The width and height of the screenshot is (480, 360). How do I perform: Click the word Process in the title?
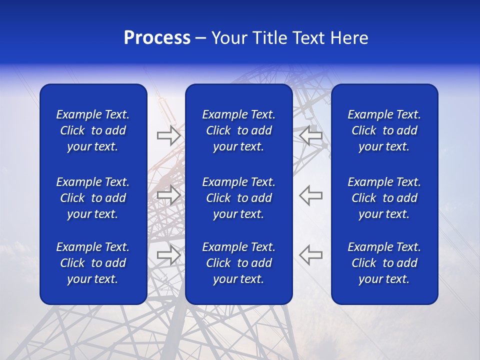click(157, 38)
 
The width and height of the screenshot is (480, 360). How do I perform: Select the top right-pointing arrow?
click(168, 135)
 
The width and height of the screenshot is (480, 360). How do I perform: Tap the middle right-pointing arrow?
click(168, 195)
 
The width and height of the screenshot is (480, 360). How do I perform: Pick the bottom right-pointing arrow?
click(168, 254)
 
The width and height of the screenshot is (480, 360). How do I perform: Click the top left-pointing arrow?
click(311, 135)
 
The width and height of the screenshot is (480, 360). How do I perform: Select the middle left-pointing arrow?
click(311, 195)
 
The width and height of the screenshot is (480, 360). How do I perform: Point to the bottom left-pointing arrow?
click(311, 254)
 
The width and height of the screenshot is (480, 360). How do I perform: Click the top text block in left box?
click(93, 130)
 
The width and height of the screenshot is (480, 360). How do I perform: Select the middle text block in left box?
click(93, 198)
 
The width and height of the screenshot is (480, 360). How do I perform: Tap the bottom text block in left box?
click(93, 263)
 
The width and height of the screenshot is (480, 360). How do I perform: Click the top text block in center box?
click(238, 130)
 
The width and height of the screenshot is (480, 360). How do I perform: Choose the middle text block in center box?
click(238, 198)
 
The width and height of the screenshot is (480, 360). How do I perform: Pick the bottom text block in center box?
click(238, 263)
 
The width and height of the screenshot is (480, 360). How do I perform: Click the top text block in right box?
click(384, 130)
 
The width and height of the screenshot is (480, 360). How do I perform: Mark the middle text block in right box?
click(384, 198)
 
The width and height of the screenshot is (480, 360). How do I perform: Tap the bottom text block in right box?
click(384, 263)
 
